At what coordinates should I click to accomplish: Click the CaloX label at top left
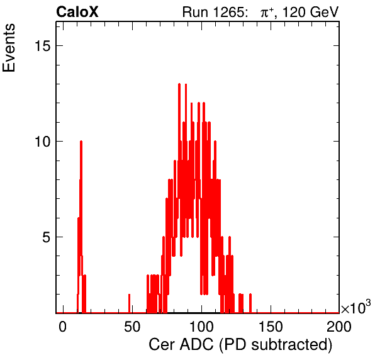(x=77, y=12)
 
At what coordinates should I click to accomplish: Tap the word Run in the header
(x=195, y=12)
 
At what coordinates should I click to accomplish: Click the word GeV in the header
(x=324, y=12)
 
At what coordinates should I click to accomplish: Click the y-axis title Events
(x=9, y=48)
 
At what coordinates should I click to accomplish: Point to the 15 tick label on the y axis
(x=43, y=45)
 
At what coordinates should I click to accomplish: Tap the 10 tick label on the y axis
(x=43, y=142)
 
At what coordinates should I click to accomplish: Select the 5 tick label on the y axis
(x=47, y=237)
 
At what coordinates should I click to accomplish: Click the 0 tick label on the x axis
(x=63, y=327)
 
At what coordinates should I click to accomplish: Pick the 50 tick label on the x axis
(x=132, y=327)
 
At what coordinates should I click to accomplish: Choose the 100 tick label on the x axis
(x=201, y=327)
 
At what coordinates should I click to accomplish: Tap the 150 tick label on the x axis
(x=271, y=327)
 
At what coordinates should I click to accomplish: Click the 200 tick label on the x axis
(x=339, y=327)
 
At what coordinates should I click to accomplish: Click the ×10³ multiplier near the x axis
(x=356, y=307)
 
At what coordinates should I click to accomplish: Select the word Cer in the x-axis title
(x=162, y=345)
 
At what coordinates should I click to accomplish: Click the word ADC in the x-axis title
(x=196, y=345)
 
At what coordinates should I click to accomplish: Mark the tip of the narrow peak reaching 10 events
(x=81, y=142)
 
